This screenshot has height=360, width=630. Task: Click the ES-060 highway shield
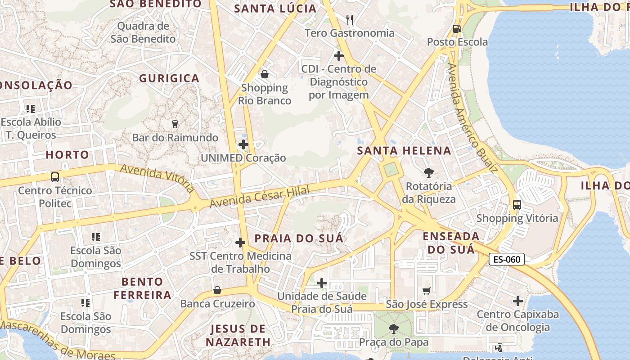(507, 259)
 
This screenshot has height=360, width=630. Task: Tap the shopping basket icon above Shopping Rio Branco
(265, 74)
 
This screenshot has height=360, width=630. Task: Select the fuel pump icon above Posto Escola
(457, 29)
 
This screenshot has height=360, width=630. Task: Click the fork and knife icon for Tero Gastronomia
(349, 19)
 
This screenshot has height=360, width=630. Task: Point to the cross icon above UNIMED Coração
(243, 144)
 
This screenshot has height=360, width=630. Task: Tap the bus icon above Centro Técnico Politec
(55, 177)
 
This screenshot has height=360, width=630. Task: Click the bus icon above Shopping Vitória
(517, 205)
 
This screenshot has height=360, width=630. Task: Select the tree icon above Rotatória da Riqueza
(428, 172)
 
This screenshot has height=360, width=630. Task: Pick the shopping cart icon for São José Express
(426, 291)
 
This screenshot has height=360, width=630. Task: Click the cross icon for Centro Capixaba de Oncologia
(517, 301)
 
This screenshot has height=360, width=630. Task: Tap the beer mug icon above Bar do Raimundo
(175, 124)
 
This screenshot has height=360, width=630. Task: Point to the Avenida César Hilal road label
(260, 197)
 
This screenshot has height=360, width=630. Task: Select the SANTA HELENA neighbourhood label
(404, 151)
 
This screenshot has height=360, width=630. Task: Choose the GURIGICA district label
(169, 78)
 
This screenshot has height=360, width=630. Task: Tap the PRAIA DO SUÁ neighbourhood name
(299, 238)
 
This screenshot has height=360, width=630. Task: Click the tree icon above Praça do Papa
(394, 329)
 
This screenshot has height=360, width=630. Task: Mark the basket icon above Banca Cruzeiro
(217, 290)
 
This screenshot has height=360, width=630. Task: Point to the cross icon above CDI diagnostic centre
(338, 56)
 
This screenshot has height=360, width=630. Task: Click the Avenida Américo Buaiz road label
(472, 118)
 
